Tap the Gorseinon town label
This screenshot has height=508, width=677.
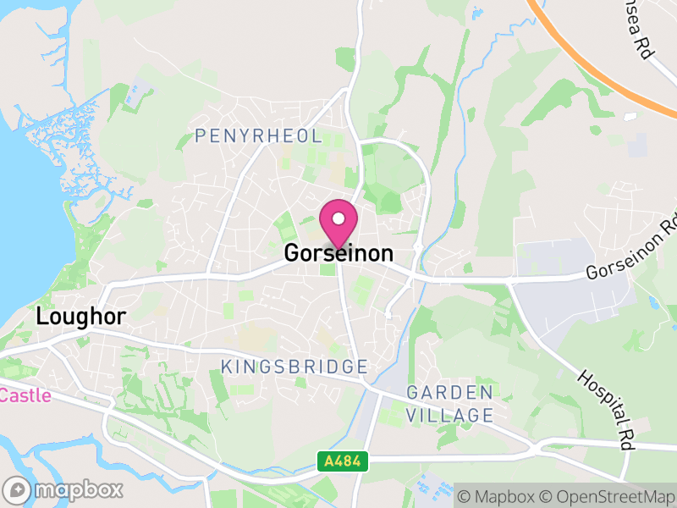point(338,253)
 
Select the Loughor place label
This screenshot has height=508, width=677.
point(81,317)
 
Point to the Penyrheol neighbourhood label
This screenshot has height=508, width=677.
point(258,135)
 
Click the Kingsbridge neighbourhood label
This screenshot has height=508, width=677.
point(294,367)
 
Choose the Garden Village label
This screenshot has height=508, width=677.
point(449,404)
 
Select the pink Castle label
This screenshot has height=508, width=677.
point(25,395)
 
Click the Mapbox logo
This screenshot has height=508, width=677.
point(64,489)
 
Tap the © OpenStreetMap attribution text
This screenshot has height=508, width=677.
point(607,495)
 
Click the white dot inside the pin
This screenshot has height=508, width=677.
point(338,218)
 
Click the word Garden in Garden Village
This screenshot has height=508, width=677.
point(449,393)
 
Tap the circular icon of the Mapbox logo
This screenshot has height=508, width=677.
point(17,489)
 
